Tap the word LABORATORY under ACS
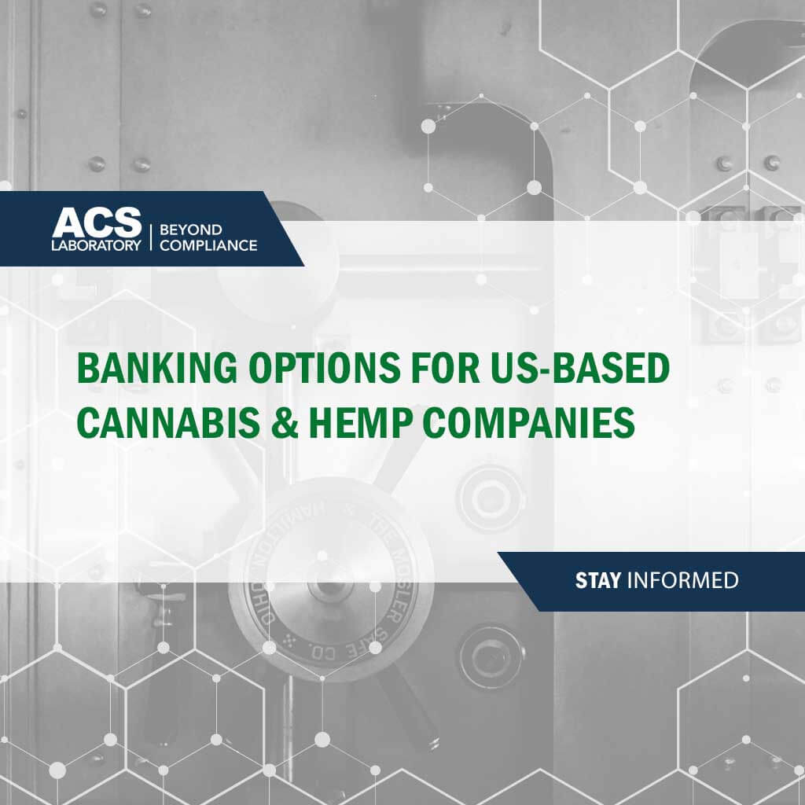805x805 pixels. click(97, 244)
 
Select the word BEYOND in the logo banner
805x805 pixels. click(191, 230)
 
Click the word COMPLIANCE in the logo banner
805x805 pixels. click(208, 245)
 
